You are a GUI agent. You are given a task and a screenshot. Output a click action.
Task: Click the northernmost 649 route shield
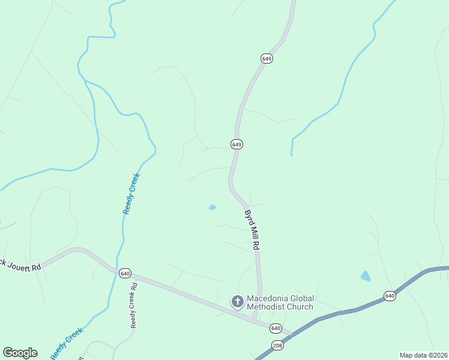coord(267,58)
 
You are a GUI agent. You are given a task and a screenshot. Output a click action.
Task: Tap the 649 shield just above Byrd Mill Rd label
coord(237,145)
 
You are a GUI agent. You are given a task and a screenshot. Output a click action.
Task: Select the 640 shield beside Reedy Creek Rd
coord(125,272)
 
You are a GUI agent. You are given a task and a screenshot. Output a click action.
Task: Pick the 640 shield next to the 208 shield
coord(276,328)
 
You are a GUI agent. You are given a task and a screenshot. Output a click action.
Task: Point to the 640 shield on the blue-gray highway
coord(390,296)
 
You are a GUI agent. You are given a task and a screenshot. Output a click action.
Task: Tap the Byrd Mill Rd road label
coord(252,229)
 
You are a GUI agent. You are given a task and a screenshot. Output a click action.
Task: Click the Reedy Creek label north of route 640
coord(131,193)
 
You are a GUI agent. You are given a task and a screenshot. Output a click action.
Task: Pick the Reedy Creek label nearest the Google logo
coord(67,343)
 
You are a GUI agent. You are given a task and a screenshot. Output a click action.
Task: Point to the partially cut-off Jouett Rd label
coord(20,265)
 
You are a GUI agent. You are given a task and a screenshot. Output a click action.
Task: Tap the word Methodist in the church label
coord(268,307)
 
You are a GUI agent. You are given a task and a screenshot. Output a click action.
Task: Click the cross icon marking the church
coord(237,301)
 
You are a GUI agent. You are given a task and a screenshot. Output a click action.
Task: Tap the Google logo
coord(20,353)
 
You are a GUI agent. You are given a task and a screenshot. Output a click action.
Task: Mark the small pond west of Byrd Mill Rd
coord(212,208)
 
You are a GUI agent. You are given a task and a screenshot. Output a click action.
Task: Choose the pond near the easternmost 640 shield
coord(366,276)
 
